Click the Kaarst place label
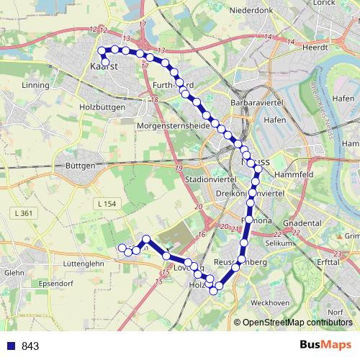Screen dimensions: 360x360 [104, 67]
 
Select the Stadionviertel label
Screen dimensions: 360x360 [206, 179]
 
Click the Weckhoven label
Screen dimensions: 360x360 [274, 302]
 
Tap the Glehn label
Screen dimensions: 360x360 [14, 273]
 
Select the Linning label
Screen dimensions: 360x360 [36, 85]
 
